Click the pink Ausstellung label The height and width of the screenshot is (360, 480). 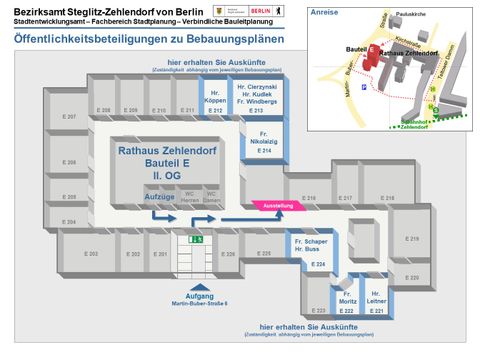(x=278, y=206)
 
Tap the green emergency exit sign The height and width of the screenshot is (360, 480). (x=198, y=240)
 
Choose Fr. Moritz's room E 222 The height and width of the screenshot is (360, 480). (x=346, y=301)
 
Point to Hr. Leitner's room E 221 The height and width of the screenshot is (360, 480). (x=377, y=301)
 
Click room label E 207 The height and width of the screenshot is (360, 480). (x=69, y=117)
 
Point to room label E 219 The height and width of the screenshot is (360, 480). (x=414, y=239)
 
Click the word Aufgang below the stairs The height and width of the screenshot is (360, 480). (x=199, y=294)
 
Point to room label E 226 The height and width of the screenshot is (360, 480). (x=227, y=254)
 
